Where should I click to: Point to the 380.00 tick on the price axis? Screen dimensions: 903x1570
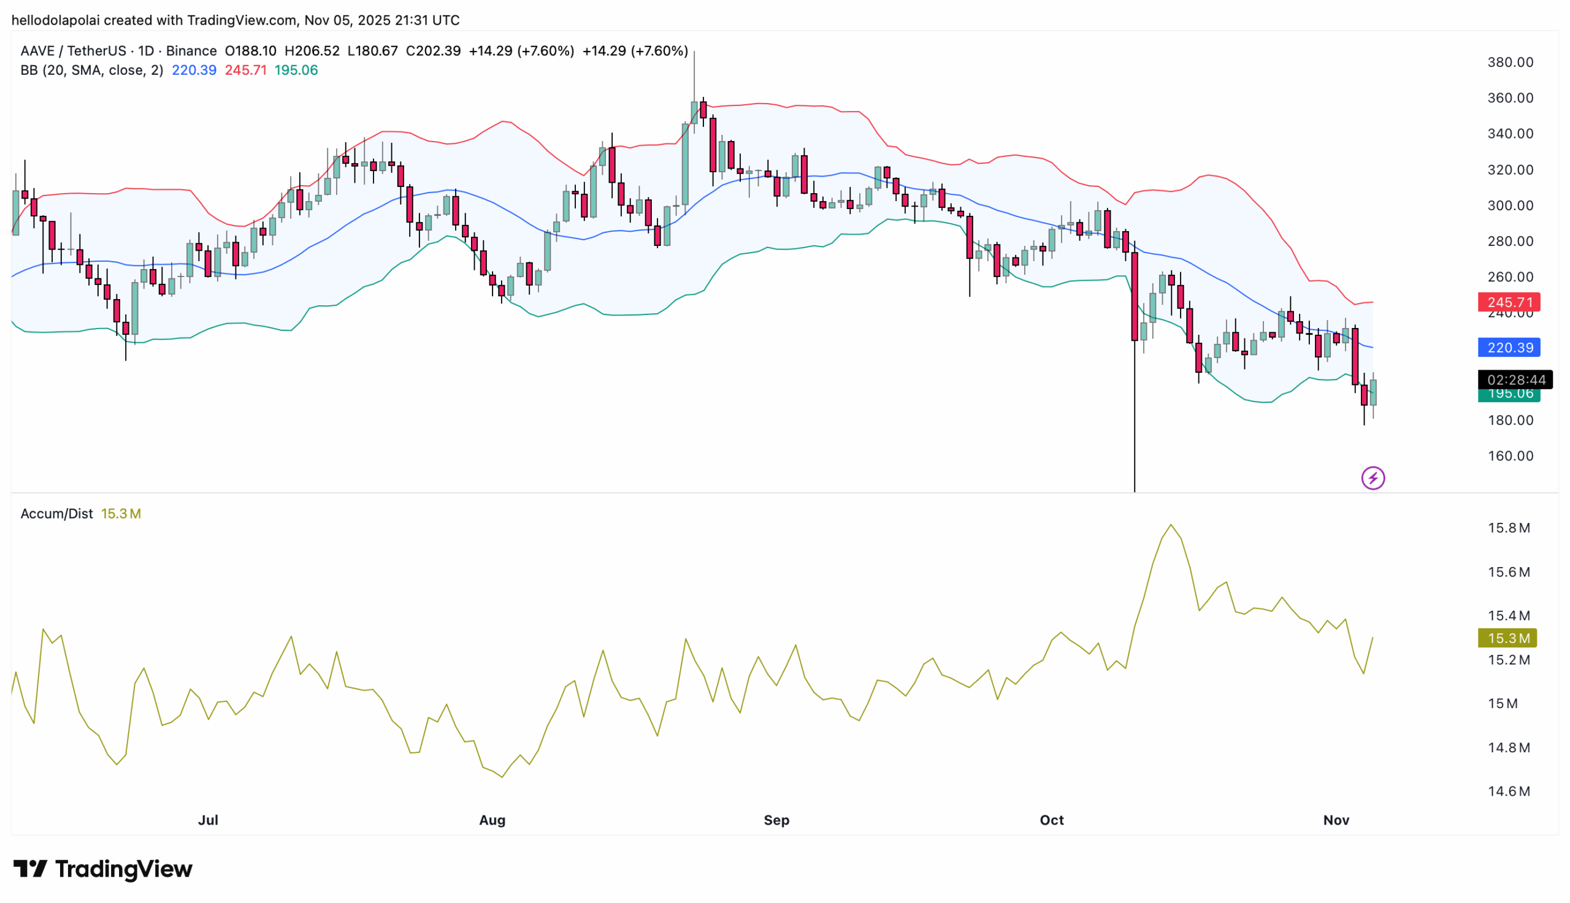point(1509,62)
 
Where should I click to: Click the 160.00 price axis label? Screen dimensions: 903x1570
point(1509,456)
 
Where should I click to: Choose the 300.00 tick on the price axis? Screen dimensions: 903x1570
point(1509,205)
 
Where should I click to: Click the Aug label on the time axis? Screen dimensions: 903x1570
point(492,820)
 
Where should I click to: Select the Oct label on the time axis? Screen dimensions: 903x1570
point(1051,820)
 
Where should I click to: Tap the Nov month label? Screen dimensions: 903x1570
point(1336,820)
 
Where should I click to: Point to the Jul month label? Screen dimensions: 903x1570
point(208,820)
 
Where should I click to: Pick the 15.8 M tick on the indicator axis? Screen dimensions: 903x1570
point(1508,528)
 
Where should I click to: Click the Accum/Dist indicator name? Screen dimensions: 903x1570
point(56,514)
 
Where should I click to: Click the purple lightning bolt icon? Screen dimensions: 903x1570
point(1372,478)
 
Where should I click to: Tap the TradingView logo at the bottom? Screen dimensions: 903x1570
point(103,869)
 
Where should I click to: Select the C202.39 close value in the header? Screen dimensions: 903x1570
point(433,51)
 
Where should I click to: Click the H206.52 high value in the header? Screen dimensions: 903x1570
point(312,51)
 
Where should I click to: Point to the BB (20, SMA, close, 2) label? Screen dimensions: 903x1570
point(92,70)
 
